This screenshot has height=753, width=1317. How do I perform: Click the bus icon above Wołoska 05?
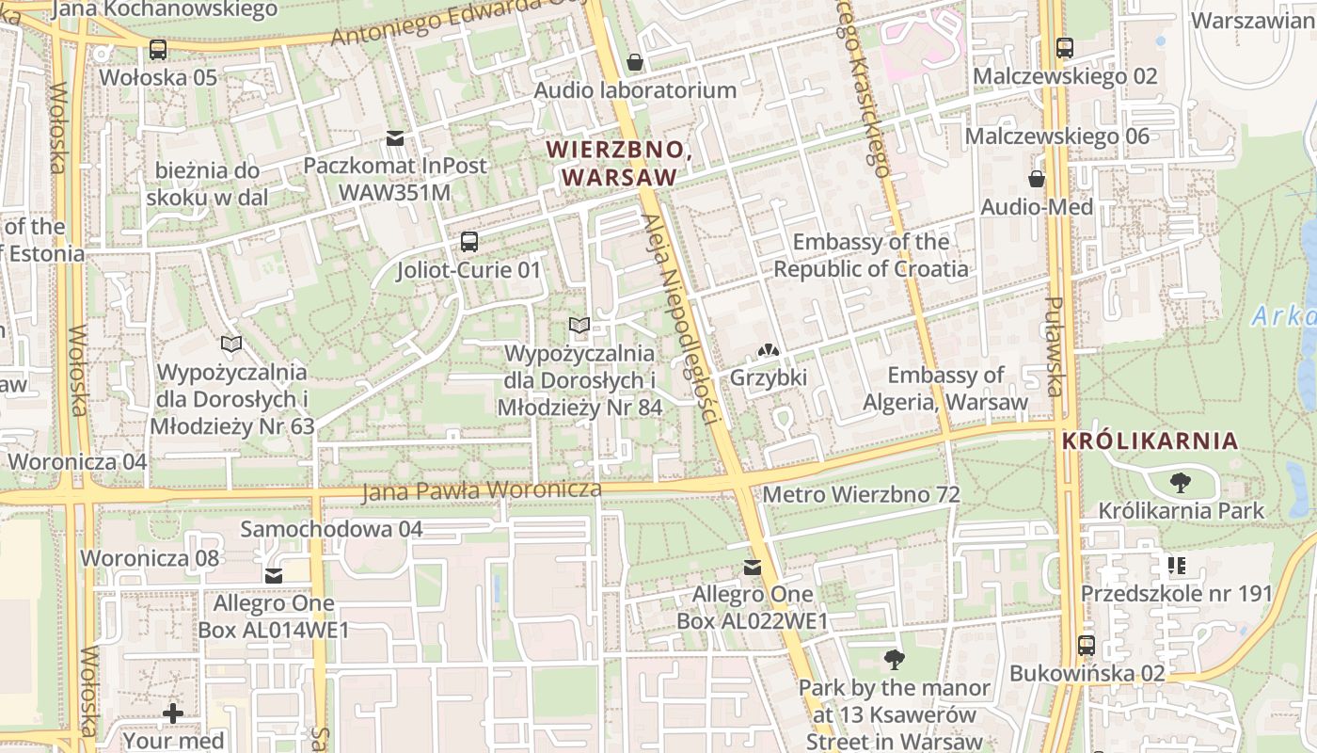point(158,49)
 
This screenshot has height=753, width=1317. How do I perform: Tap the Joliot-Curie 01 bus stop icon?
point(469,242)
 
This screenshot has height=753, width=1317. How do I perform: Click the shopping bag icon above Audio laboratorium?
point(636,62)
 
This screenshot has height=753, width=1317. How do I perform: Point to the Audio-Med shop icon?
point(1037,179)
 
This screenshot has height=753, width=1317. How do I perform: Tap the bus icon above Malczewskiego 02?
point(1065,47)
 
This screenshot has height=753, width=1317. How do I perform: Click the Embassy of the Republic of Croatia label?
point(870,255)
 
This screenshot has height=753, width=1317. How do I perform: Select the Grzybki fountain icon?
point(769,350)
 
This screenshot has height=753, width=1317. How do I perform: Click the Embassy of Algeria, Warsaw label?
point(945,389)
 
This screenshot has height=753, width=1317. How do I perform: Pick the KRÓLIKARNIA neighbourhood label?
point(1150,441)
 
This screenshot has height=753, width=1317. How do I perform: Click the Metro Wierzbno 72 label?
point(861,494)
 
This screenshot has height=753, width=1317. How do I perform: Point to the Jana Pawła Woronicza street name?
point(482,490)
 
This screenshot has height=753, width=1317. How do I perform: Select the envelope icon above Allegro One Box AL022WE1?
point(753,567)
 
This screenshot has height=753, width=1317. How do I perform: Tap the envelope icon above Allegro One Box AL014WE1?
point(274,575)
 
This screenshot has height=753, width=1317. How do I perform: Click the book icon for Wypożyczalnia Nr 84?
point(579,326)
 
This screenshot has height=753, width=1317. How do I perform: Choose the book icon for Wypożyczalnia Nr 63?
point(231,344)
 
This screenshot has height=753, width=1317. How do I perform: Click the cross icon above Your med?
point(173,713)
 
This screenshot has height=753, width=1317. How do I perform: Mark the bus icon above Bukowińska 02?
point(1087,646)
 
